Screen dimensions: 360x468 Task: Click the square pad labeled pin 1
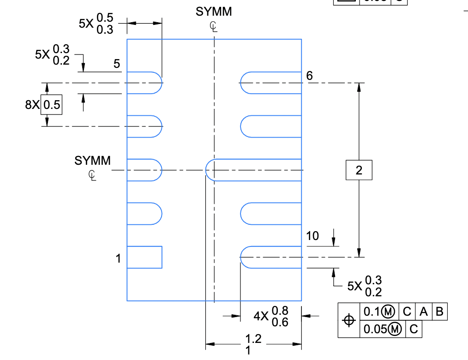pyautogui.click(x=144, y=257)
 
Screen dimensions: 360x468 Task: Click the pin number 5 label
pyautogui.click(x=117, y=64)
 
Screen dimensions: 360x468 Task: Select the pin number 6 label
pyautogui.click(x=310, y=76)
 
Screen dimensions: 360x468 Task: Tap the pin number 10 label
pyautogui.click(x=312, y=236)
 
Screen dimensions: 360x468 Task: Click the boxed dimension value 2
pyautogui.click(x=359, y=170)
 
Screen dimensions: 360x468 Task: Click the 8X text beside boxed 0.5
pyautogui.click(x=33, y=105)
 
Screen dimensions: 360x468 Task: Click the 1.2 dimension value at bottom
pyautogui.click(x=253, y=339)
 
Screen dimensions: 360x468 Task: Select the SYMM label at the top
pyautogui.click(x=214, y=12)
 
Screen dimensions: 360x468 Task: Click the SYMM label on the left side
pyautogui.click(x=92, y=161)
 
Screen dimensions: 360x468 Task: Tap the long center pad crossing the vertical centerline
pyautogui.click(x=254, y=170)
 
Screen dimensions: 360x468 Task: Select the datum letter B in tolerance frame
pyautogui.click(x=439, y=312)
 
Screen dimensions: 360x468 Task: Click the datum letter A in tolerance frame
pyautogui.click(x=423, y=312)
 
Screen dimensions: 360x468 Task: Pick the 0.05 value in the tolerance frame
pyautogui.click(x=373, y=329)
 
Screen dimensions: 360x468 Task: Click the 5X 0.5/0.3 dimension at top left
pyautogui.click(x=96, y=24)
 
